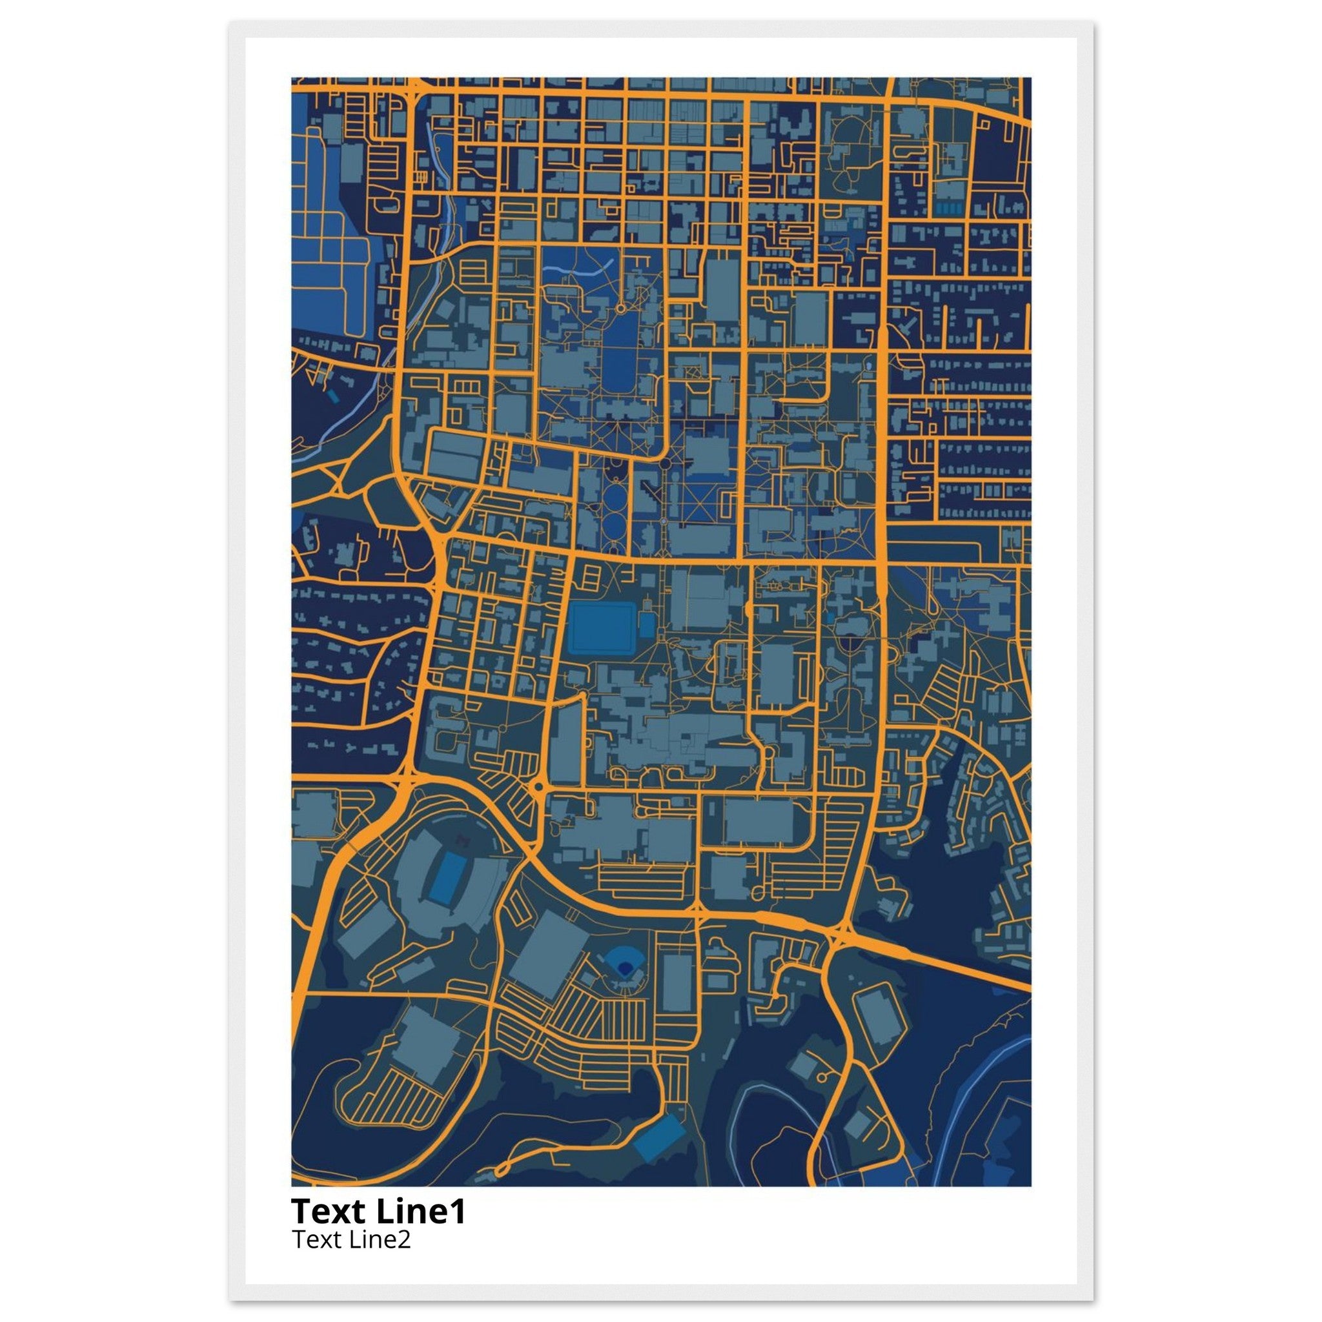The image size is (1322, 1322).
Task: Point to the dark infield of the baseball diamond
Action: coord(624,968)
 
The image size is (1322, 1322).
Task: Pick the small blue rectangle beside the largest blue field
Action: coord(647,624)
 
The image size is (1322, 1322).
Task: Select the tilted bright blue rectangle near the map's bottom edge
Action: coord(659,1137)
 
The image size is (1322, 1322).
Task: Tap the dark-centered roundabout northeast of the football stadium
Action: coord(538,788)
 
